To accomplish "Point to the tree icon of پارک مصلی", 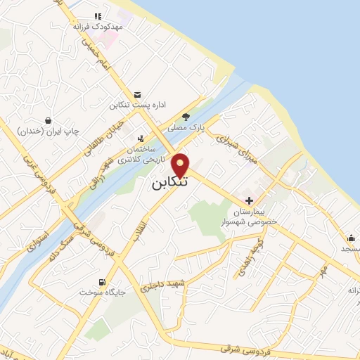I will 186,117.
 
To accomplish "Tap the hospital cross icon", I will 249,200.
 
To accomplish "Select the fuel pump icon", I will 103,281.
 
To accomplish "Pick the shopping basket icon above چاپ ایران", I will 47,120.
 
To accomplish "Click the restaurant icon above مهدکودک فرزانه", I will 98,15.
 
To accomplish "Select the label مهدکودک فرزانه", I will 98,26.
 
